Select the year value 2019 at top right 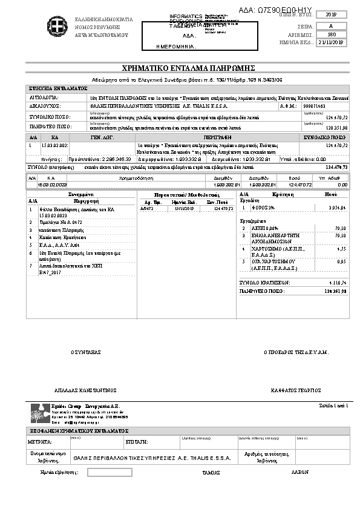pyautogui.click(x=336, y=15)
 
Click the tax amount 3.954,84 pyautogui.click(x=335, y=208)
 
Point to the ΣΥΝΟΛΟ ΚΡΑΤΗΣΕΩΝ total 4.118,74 pyautogui.click(x=335, y=282)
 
